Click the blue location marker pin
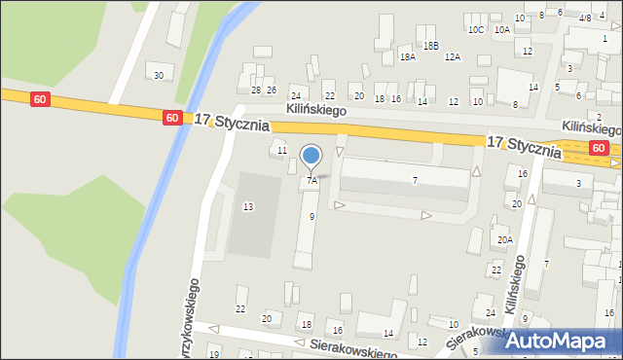click(x=311, y=156)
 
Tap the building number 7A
click(x=311, y=180)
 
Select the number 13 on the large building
click(x=248, y=206)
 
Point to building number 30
click(x=159, y=75)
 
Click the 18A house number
click(x=408, y=57)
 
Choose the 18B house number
click(x=430, y=46)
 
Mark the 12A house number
click(x=453, y=57)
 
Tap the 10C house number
click(x=476, y=30)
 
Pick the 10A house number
click(x=502, y=30)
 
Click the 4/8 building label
click(x=585, y=18)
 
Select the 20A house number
click(x=504, y=240)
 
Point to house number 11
click(x=282, y=151)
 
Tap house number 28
click(x=256, y=90)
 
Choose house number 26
click(x=272, y=90)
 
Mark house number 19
click(x=214, y=354)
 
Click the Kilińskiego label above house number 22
click(x=316, y=111)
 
